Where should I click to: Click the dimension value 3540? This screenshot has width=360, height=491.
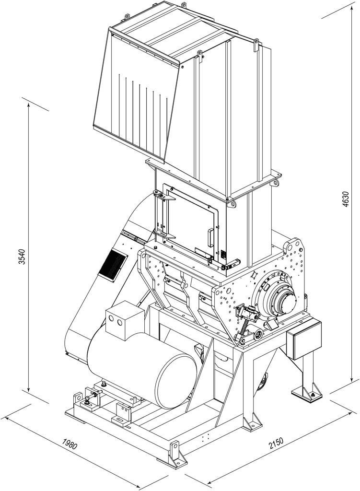pos(22,257)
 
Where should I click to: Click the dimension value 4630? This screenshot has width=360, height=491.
pos(345,199)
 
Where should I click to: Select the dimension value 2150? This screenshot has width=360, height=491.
pos(276,444)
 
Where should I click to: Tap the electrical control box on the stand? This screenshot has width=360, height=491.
pos(304,339)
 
